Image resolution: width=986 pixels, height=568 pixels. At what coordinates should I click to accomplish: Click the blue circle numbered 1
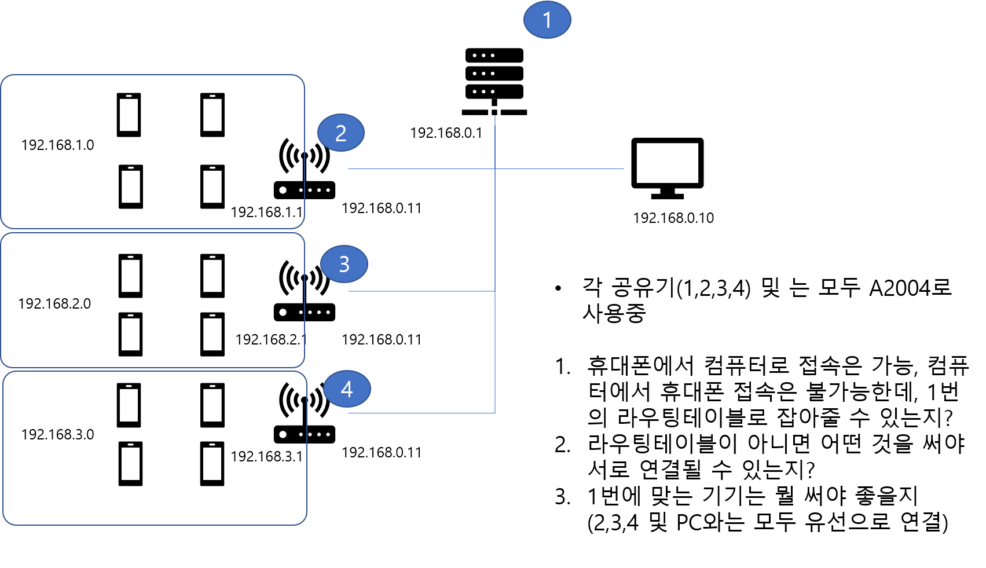547,20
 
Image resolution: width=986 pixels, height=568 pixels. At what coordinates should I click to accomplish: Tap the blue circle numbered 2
340,133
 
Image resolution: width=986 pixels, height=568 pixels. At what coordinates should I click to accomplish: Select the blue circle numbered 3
344,264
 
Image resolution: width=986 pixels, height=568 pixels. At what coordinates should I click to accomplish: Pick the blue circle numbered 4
347,389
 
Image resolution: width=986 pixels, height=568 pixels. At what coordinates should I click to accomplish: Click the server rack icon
494,82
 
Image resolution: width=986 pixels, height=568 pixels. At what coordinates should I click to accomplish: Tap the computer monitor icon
668,168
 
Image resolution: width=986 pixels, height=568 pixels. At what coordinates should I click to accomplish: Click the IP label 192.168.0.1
446,133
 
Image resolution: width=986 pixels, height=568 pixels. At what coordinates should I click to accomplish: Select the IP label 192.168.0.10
673,218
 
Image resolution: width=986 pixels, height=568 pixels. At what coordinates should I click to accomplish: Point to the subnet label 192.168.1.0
58,145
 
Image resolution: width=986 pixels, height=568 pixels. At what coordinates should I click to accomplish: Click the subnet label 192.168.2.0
54,303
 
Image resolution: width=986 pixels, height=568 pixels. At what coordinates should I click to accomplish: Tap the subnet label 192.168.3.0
58,435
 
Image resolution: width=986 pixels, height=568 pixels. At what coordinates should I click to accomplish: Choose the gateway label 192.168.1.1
267,212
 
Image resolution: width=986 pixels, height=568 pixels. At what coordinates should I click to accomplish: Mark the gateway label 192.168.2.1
271,339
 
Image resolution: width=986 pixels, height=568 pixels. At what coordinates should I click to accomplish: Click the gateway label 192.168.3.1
267,457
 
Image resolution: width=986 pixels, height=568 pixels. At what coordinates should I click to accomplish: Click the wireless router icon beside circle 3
304,291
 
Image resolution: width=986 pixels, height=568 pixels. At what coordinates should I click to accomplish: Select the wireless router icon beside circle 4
304,413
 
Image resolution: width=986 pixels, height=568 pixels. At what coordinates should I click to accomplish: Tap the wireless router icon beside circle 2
304,168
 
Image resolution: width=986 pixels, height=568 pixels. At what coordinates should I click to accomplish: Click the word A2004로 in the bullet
911,288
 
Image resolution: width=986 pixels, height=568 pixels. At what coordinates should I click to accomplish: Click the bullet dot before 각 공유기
558,289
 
